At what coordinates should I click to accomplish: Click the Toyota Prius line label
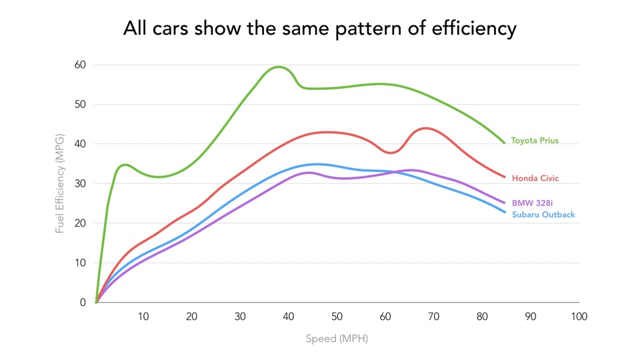click(535, 141)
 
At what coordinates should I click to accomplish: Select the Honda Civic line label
click(535, 178)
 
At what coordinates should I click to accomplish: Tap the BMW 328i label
click(532, 203)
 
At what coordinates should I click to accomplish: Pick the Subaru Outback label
click(543, 215)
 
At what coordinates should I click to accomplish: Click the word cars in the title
click(171, 29)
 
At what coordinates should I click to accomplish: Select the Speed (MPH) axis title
click(337, 339)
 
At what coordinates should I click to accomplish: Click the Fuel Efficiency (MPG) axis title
click(59, 184)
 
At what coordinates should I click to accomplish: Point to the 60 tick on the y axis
click(80, 65)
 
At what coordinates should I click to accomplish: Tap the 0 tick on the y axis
click(83, 303)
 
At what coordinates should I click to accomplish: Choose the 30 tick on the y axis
click(80, 184)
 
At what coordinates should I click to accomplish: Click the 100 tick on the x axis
click(579, 316)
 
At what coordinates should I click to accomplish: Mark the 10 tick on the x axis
click(143, 316)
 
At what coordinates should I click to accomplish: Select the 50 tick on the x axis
click(337, 316)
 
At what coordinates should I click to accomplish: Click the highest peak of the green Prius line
click(279, 67)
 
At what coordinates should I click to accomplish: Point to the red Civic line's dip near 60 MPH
click(391, 153)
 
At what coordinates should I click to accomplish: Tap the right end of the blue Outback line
click(505, 212)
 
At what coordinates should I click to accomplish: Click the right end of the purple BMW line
click(505, 203)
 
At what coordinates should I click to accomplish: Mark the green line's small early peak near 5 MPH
click(125, 165)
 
